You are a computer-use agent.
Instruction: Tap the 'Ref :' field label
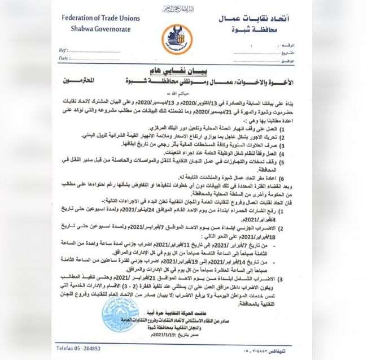[64, 50]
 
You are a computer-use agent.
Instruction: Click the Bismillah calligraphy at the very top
[183, 9]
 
